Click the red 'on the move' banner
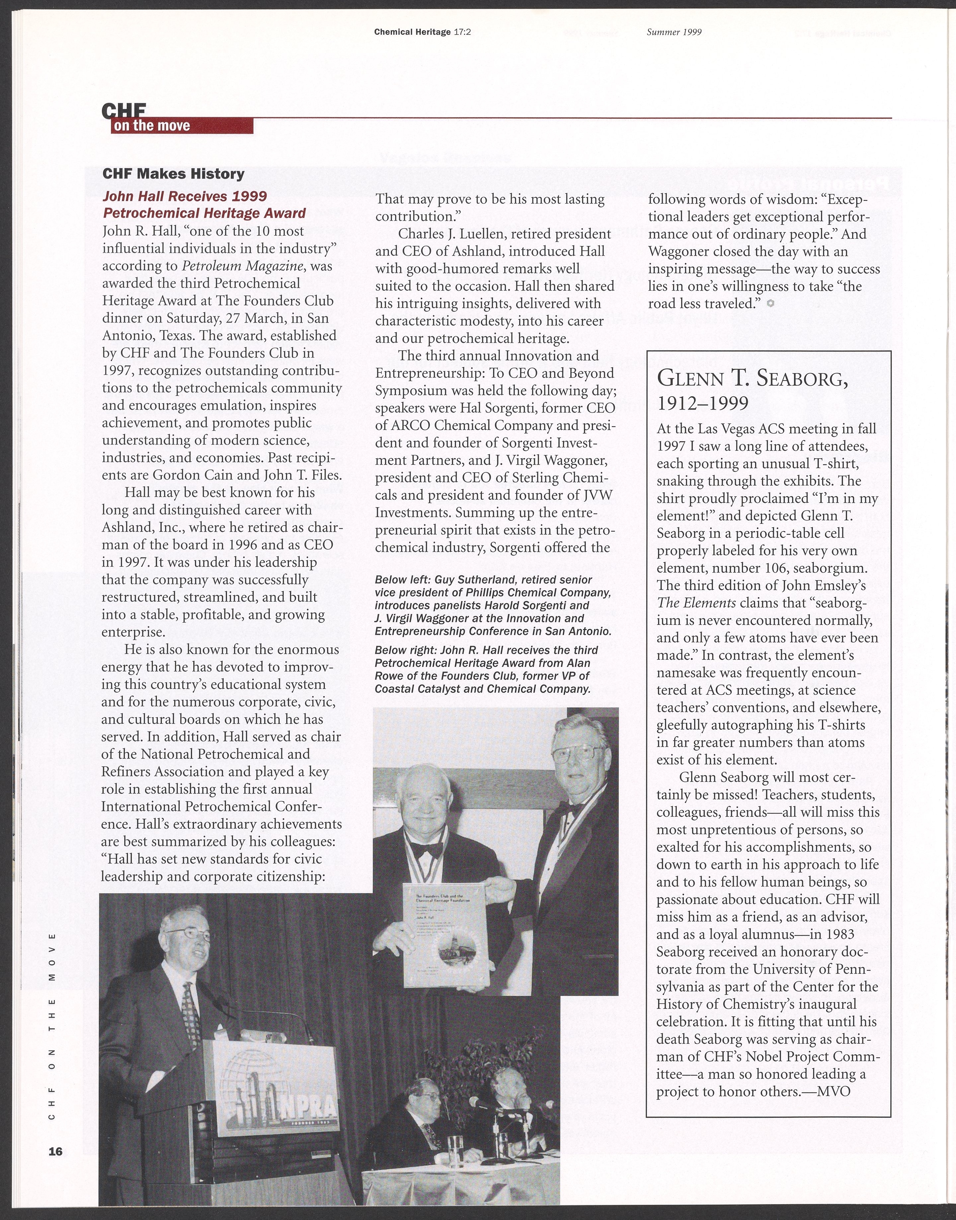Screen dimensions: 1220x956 point(182,126)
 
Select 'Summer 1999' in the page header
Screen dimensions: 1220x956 point(674,32)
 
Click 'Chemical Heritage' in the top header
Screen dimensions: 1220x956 point(412,32)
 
